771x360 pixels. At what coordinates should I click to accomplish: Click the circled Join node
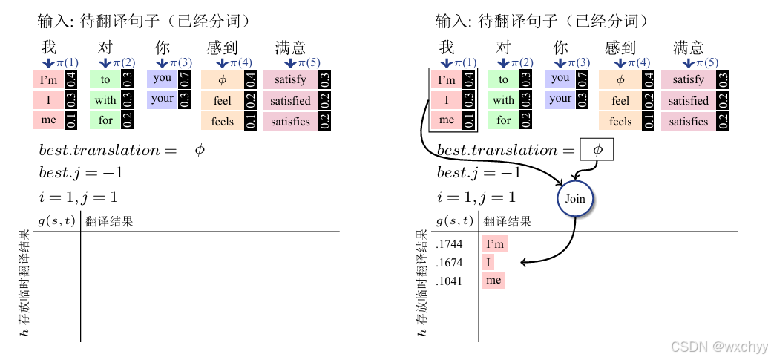tap(576, 199)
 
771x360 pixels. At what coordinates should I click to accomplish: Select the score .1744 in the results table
tap(450, 243)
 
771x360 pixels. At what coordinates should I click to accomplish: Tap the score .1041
tap(450, 281)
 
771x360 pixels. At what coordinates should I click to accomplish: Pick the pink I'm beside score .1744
tap(495, 243)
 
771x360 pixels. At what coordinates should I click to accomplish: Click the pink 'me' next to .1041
tap(493, 281)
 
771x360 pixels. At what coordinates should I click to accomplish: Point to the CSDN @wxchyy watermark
tap(719, 347)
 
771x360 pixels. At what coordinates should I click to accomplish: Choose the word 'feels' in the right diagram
tap(620, 121)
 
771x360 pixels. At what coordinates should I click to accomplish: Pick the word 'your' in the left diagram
tap(163, 99)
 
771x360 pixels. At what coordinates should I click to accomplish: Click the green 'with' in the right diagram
tap(504, 100)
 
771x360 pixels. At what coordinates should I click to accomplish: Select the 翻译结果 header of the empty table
tap(108, 221)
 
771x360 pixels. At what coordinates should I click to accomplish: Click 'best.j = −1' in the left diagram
tap(81, 174)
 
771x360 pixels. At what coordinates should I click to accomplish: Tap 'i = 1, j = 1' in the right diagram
tap(476, 197)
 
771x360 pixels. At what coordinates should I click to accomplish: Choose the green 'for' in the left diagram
tap(105, 120)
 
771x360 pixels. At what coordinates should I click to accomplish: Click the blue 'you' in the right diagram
tap(561, 78)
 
